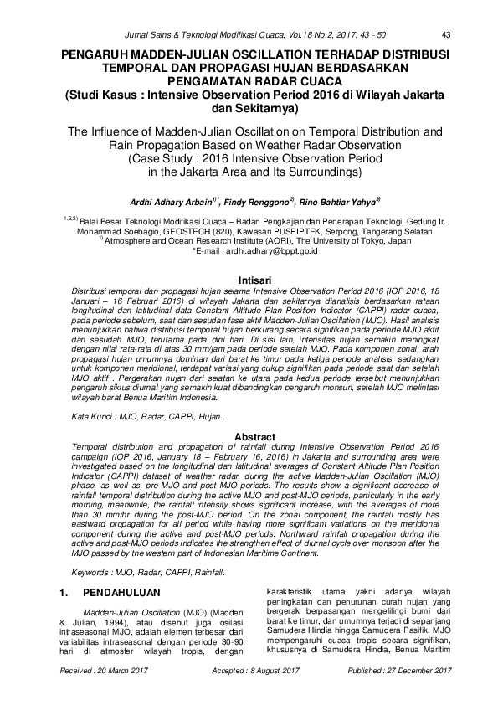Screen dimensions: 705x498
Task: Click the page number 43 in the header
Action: pos(445,34)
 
